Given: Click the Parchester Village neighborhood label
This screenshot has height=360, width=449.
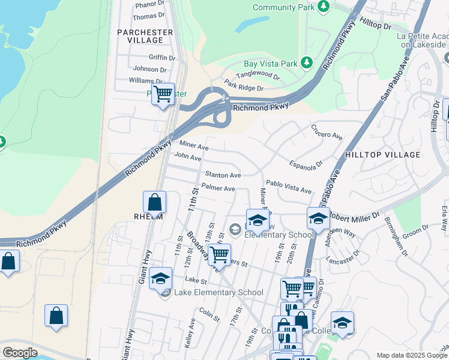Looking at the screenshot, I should (x=145, y=36).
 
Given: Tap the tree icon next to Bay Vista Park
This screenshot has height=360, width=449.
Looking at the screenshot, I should (x=307, y=63).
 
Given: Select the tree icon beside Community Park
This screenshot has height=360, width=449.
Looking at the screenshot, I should (x=324, y=7).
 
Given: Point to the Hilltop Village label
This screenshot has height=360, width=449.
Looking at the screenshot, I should (x=383, y=155).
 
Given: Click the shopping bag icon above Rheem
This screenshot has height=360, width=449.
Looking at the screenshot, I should (x=155, y=202).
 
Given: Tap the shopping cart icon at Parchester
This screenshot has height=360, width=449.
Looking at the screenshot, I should (x=163, y=95).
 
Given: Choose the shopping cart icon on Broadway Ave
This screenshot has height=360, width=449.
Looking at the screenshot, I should (x=219, y=254).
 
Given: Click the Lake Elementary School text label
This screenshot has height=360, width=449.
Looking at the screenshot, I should (x=218, y=293).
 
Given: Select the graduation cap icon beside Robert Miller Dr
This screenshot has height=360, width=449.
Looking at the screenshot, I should (x=318, y=218).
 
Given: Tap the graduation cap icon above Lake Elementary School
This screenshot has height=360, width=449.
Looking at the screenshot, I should (x=160, y=278).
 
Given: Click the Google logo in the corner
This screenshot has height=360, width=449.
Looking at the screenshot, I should (x=20, y=353).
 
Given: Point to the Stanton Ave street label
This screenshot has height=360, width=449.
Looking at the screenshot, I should (x=223, y=175).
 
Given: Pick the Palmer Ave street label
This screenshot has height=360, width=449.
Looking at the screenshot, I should (x=218, y=188).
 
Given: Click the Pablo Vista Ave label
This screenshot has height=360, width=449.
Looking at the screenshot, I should (x=289, y=187).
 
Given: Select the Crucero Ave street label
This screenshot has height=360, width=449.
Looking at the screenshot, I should (x=327, y=132).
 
